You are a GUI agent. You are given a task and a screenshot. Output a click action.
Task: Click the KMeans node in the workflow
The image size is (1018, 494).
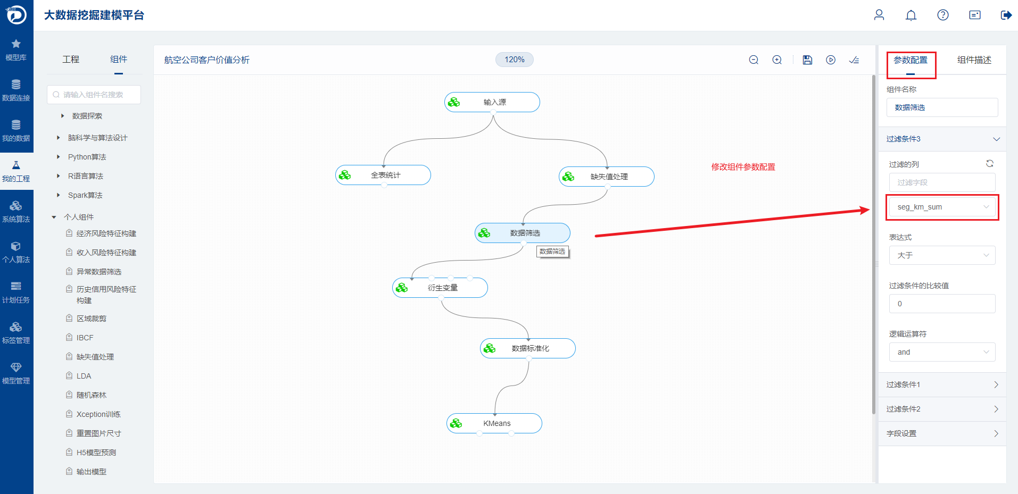point(494,423)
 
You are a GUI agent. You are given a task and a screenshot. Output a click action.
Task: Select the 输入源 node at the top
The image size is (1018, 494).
point(492,102)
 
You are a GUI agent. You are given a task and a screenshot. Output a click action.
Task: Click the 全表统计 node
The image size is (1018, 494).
point(383,175)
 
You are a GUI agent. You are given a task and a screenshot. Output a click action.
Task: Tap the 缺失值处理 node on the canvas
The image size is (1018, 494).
point(607,177)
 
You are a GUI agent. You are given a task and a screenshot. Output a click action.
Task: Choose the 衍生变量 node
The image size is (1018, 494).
point(440,288)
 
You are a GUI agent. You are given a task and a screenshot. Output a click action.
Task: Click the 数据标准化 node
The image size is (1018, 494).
point(528,348)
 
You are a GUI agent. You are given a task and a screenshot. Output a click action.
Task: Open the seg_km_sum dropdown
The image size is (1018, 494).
point(942,207)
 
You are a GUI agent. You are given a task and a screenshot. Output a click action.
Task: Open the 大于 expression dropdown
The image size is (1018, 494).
point(942,255)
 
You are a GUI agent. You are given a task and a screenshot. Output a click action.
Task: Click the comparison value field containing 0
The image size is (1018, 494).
point(942,304)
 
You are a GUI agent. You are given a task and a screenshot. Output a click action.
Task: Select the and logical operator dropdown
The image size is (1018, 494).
point(942,352)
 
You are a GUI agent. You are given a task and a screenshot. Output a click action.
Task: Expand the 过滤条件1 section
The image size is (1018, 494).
point(942,384)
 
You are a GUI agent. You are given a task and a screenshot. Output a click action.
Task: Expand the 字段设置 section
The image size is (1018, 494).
point(942,433)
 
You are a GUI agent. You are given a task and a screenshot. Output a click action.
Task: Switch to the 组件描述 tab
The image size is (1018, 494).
point(974,60)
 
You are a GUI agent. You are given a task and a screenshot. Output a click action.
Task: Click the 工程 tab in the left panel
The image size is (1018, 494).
point(71,59)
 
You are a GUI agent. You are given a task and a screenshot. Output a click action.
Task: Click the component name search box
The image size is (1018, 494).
point(94,95)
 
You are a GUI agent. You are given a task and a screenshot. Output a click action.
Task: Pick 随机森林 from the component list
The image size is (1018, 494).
point(92,395)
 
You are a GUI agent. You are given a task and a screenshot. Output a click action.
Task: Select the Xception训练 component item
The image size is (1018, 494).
point(98,414)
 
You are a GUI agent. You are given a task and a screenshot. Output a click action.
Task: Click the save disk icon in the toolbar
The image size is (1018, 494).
point(807,60)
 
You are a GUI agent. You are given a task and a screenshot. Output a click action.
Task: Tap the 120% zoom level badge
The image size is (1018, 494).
point(515,60)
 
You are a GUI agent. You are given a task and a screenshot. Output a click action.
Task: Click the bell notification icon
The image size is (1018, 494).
point(911,15)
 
